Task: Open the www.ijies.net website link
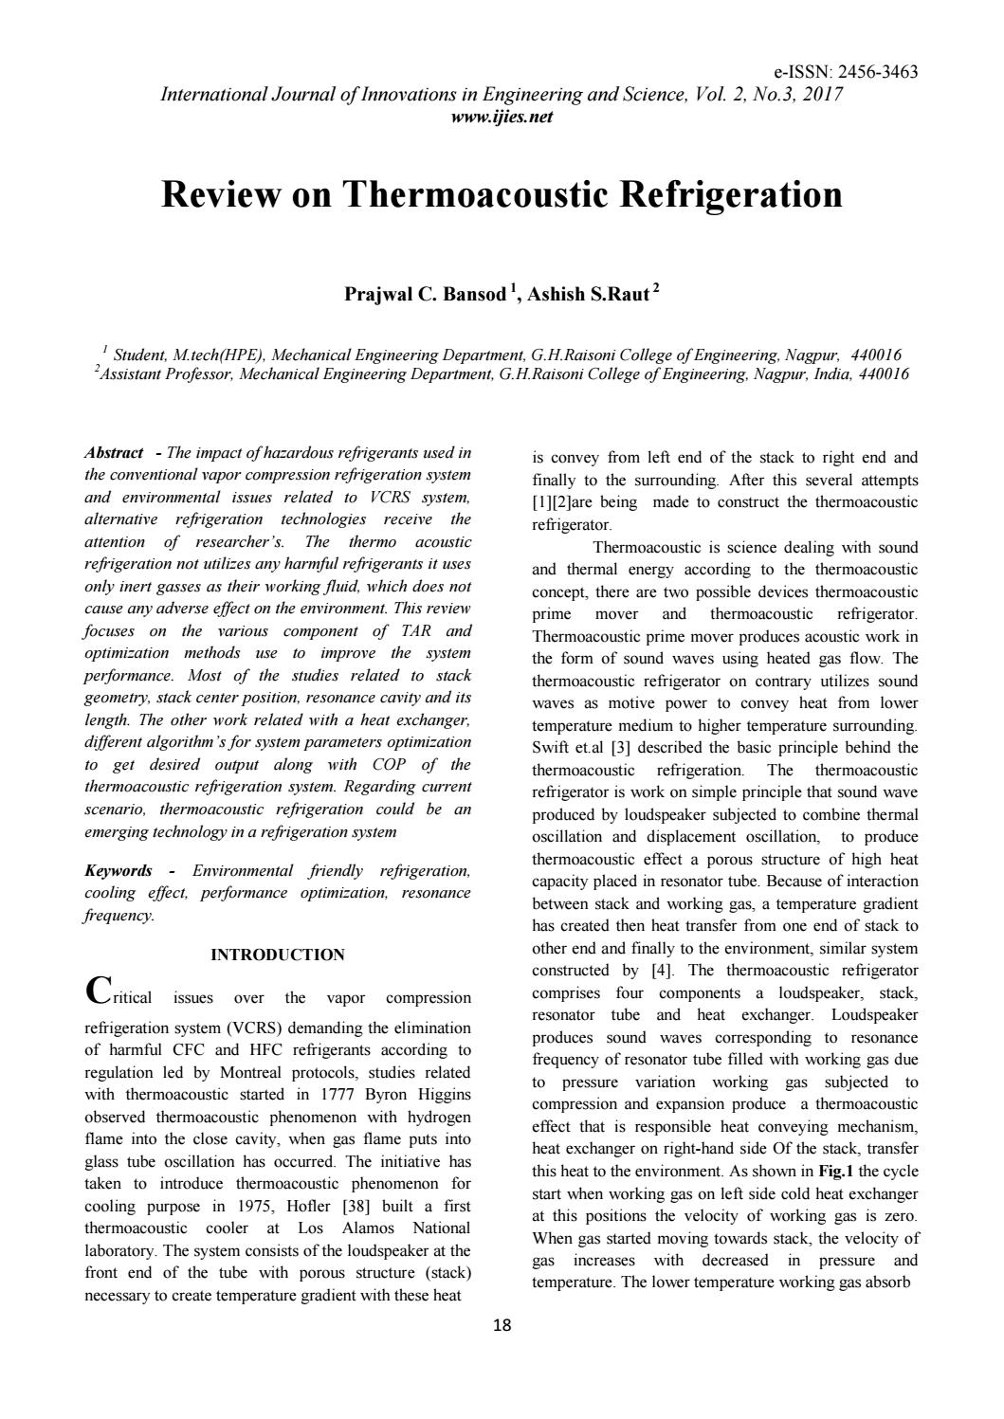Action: (x=502, y=118)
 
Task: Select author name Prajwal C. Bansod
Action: (x=424, y=295)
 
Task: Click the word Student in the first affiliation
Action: (x=139, y=355)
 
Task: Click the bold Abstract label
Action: (x=114, y=453)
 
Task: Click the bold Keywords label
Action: (x=119, y=870)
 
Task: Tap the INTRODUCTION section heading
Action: (x=278, y=955)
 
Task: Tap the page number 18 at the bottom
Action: (x=502, y=1326)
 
